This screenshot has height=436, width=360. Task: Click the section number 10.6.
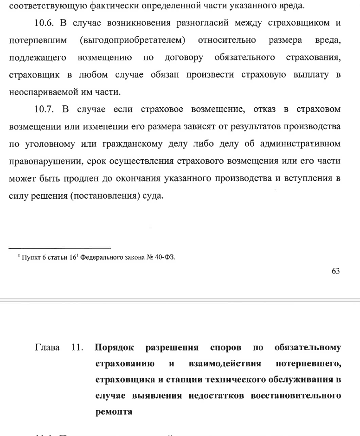coord(46,23)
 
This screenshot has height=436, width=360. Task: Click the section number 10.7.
coord(46,109)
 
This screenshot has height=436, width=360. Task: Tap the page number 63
coord(336,271)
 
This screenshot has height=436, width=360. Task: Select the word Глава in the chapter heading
coord(47,347)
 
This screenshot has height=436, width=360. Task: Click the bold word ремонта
coord(114,411)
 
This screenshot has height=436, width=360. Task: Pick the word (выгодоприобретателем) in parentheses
coord(133,40)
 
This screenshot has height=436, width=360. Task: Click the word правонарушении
coord(41,161)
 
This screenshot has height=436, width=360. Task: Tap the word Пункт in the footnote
coord(31,257)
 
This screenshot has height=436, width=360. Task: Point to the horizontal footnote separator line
coord(60,248)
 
